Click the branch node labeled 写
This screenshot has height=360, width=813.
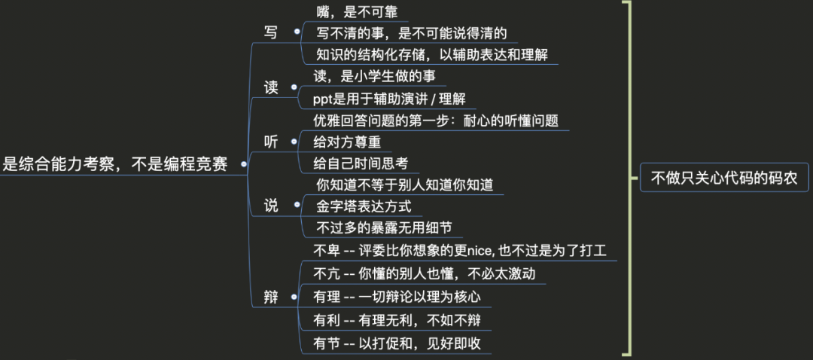coord(271,32)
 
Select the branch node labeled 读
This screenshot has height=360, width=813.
coord(271,87)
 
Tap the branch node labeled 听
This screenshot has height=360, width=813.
coord(271,142)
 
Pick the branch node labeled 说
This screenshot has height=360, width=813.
coord(271,205)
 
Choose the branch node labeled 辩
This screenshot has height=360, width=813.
coord(271,297)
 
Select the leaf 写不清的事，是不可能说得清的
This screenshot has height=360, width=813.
coord(411,32)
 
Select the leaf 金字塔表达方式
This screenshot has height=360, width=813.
coord(364,206)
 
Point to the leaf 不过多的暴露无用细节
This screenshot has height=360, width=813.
coord(384,227)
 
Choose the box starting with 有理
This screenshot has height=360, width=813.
coord(397,297)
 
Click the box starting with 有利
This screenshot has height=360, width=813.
coord(397,320)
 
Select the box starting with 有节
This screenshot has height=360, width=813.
coord(397,343)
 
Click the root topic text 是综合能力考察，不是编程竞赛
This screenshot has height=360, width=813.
coord(114,164)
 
